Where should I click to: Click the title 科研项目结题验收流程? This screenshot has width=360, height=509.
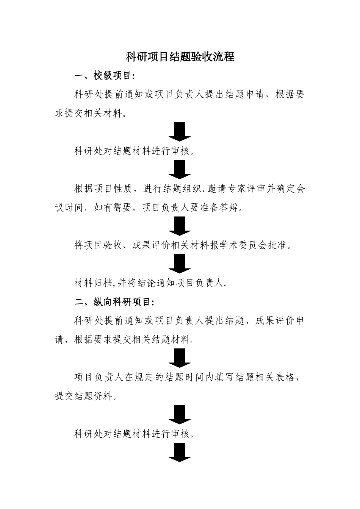click(180, 57)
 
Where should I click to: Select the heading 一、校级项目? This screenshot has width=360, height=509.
click(105, 76)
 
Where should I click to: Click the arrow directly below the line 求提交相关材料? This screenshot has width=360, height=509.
click(180, 132)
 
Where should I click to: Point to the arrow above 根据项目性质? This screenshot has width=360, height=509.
click(180, 169)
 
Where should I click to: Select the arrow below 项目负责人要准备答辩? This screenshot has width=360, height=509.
click(180, 226)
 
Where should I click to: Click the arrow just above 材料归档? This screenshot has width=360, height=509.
click(180, 264)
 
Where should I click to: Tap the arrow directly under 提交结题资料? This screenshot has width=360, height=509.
click(180, 414)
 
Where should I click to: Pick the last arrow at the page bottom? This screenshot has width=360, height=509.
click(180, 452)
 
